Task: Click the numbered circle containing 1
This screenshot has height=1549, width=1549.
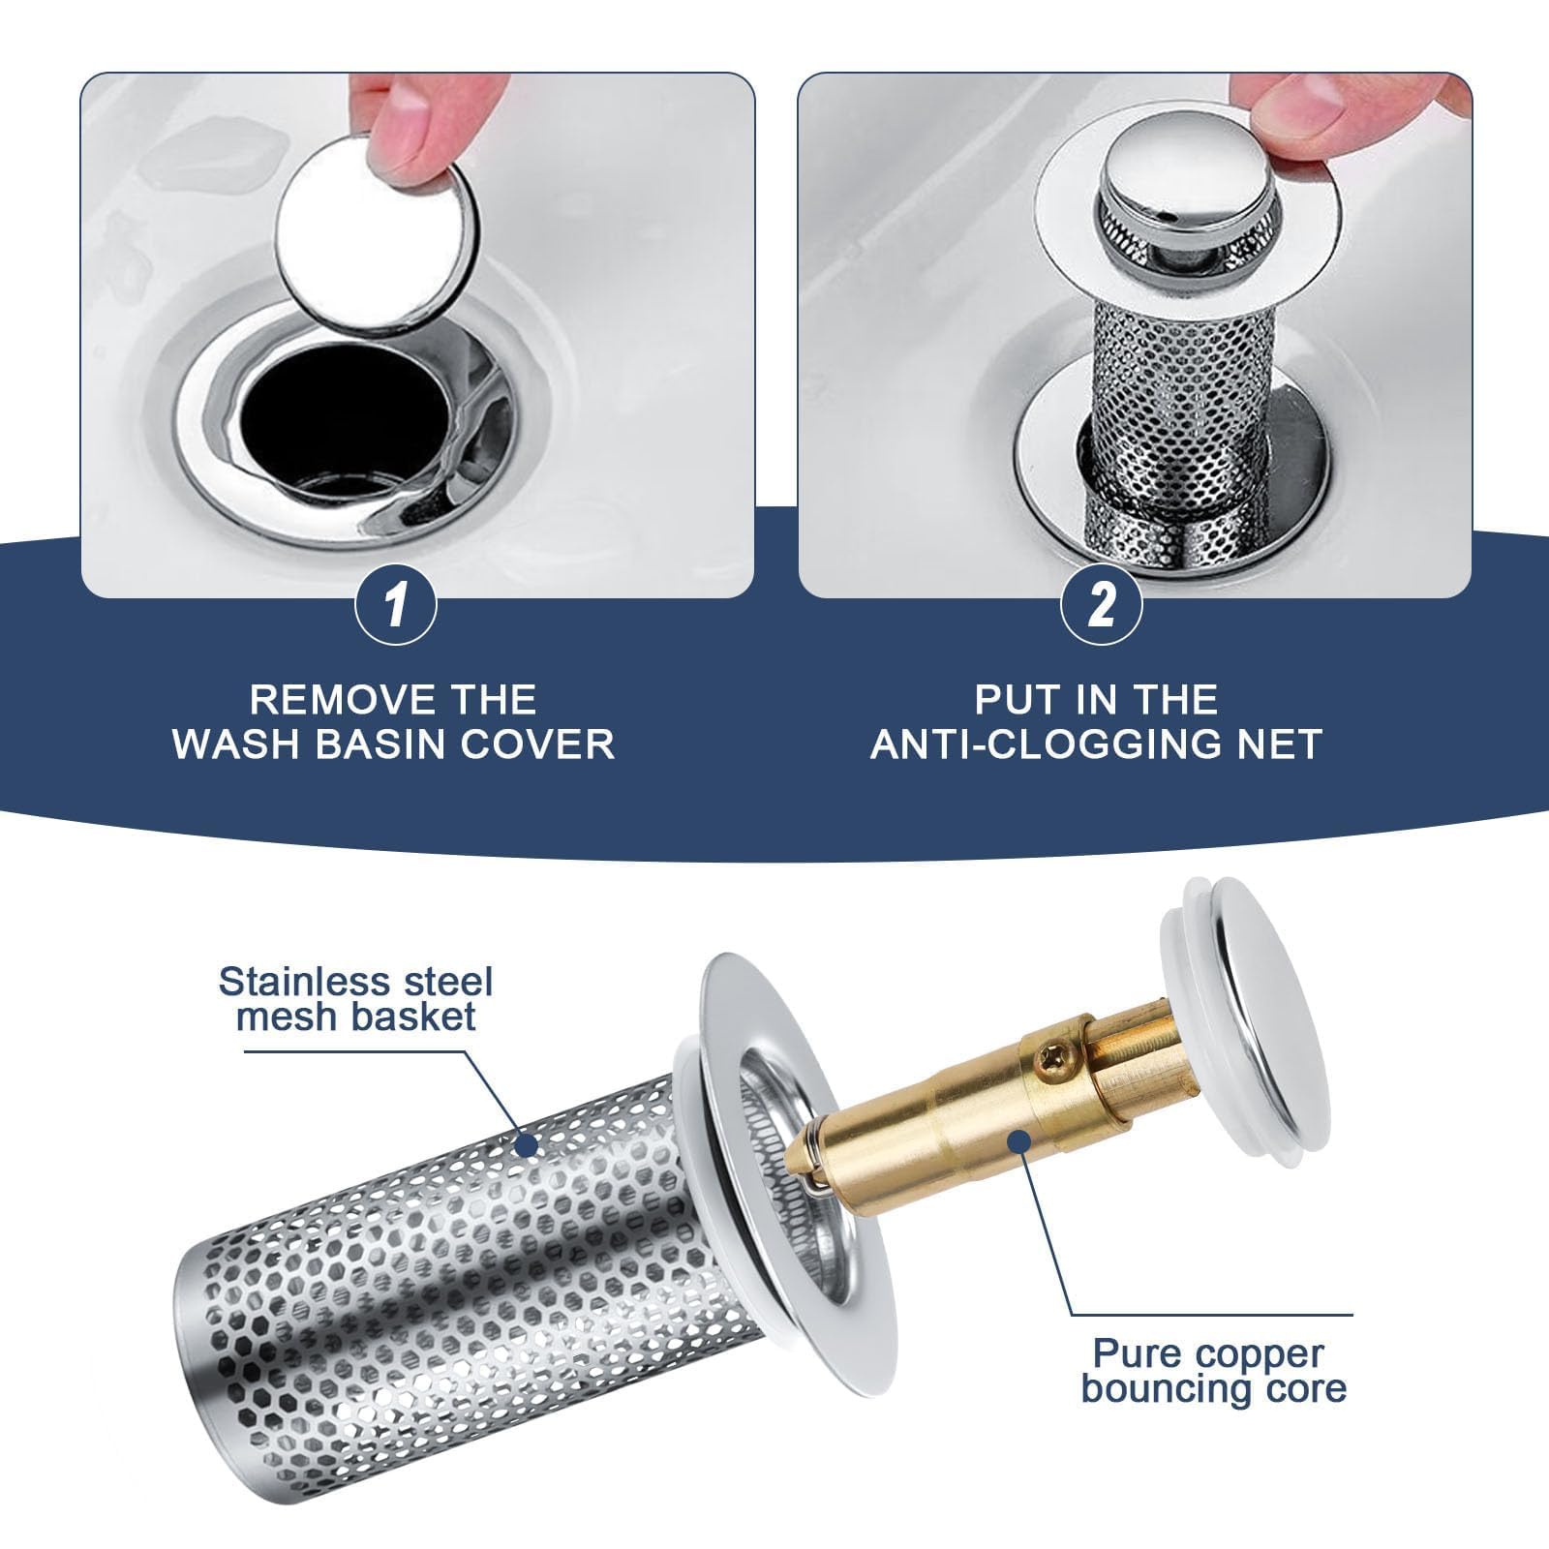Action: (x=395, y=606)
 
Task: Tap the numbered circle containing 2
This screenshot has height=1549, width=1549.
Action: (x=1102, y=606)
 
